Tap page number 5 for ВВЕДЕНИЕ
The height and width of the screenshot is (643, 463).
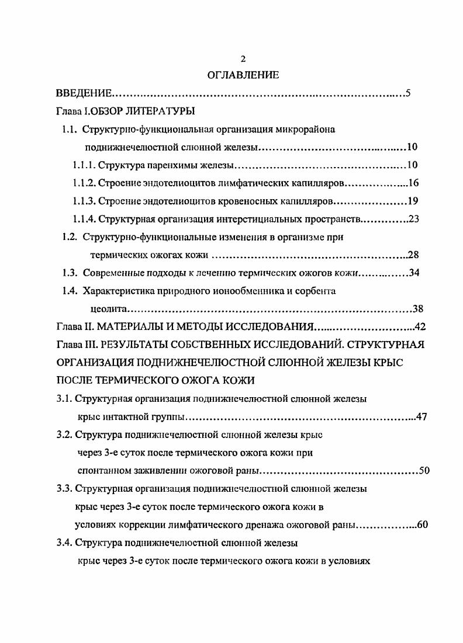click(409, 93)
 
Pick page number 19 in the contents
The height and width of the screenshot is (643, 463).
click(413, 201)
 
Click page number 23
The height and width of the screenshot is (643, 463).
click(414, 220)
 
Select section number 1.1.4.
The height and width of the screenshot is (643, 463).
click(84, 220)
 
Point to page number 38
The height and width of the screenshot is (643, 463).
click(418, 308)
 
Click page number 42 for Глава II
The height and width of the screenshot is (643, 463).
click(419, 326)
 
